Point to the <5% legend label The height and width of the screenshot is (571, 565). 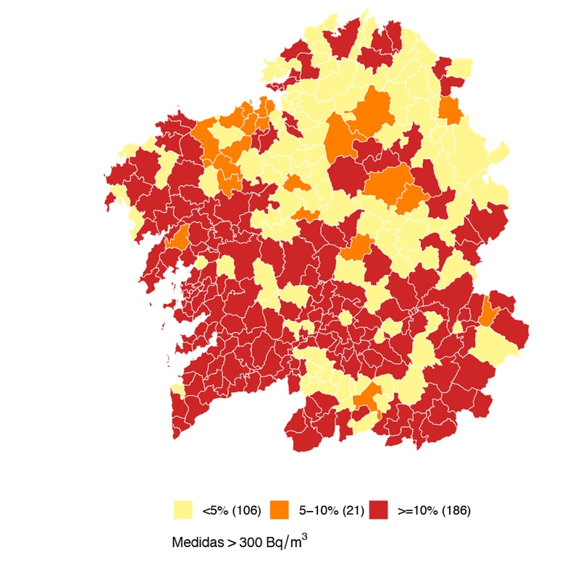(x=215, y=511)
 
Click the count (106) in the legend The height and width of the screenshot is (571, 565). (x=246, y=511)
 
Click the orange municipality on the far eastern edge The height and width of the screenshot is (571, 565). (x=488, y=312)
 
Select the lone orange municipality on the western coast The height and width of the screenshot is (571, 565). (x=177, y=237)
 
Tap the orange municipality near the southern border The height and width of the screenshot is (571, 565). (x=368, y=397)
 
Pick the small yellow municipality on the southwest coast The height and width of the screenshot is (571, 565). (x=176, y=390)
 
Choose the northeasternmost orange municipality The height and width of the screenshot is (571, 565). (x=451, y=111)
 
